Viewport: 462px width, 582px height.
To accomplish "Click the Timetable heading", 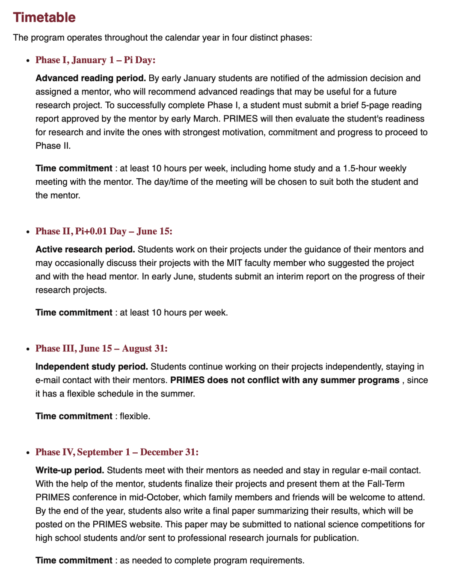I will tap(44, 18).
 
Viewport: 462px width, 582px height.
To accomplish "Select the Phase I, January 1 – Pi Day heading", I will tap(95, 60).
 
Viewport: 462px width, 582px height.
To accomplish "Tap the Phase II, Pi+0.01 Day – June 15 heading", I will tap(104, 231).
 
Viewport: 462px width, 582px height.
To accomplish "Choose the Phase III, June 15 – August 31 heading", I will tap(101, 349).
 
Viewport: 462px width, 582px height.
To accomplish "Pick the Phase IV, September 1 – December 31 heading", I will tap(117, 452).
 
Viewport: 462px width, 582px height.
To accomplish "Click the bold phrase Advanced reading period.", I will tap(91, 78).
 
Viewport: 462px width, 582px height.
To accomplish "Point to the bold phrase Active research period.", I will tap(85, 249).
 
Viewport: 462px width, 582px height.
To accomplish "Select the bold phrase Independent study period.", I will tap(92, 366).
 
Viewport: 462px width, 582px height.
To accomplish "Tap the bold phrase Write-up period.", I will tap(70, 470).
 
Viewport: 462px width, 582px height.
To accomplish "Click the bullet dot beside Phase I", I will tap(28, 61).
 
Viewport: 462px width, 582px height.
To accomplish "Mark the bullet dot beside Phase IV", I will tap(28, 453).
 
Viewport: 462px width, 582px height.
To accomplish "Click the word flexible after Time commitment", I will tap(134, 416).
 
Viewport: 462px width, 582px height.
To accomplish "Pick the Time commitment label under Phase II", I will tap(74, 313).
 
